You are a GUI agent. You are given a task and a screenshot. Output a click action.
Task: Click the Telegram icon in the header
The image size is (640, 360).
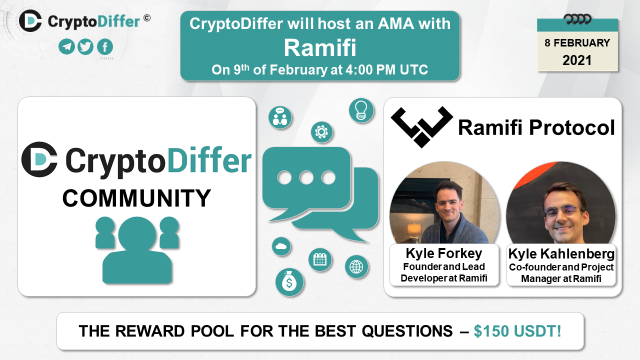point(67,46)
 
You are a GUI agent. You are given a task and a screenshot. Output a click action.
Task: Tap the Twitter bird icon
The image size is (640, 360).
point(85,46)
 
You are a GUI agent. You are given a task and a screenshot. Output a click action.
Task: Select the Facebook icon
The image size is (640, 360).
point(105,46)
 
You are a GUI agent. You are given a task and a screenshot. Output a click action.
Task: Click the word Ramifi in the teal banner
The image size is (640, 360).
point(320,47)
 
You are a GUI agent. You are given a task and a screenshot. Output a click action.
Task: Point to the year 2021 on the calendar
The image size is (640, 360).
point(577,60)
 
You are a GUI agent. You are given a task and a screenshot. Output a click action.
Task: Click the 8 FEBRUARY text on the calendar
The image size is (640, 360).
point(577,43)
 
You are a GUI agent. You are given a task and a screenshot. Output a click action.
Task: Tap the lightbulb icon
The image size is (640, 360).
point(361,110)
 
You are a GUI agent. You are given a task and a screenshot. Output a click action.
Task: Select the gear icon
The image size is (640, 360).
point(321,132)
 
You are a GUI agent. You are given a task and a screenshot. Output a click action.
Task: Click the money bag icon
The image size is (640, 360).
point(289,282)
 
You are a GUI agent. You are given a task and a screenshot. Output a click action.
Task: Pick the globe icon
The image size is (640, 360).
point(356,267)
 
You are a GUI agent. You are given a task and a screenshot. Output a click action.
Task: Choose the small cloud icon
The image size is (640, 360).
point(281,246)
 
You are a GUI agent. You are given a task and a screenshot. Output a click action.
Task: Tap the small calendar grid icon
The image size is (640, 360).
point(320,259)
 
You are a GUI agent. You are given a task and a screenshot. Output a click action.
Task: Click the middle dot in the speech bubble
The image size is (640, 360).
point(306,177)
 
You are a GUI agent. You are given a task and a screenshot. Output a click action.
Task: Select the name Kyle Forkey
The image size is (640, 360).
point(444,253)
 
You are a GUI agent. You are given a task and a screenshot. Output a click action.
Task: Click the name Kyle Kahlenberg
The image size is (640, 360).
point(561,254)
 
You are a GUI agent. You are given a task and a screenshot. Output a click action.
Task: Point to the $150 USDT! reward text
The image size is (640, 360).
point(517,331)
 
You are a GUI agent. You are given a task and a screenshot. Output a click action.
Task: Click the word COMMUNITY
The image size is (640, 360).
point(137,198)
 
